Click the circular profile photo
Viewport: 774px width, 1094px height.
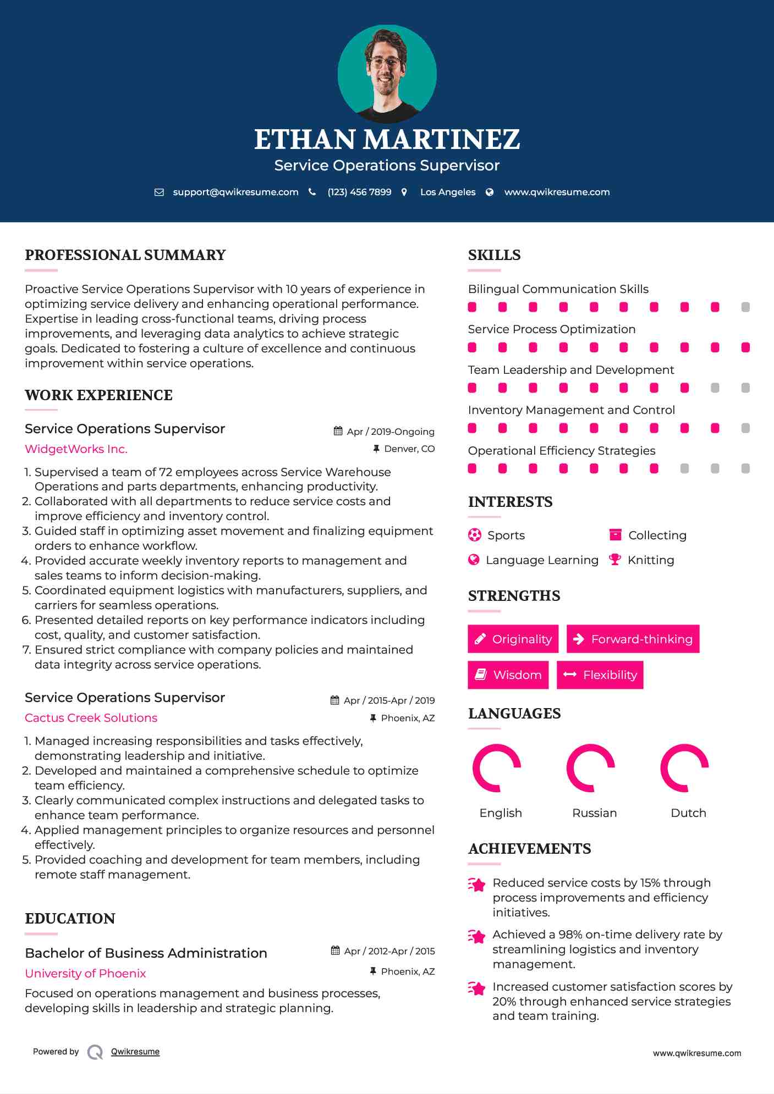click(x=387, y=74)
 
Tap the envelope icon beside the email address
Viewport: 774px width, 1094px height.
click(x=159, y=192)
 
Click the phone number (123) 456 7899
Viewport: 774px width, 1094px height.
click(x=359, y=192)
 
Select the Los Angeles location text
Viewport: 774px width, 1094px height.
click(x=447, y=192)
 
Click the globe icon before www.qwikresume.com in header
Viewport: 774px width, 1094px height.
click(x=490, y=192)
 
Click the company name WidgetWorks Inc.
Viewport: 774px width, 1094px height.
click(x=76, y=449)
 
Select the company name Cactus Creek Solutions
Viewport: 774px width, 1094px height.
click(x=91, y=717)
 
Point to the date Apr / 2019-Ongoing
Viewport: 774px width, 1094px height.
click(x=390, y=432)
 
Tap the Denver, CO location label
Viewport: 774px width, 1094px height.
click(x=409, y=449)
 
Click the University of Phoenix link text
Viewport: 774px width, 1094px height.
click(x=85, y=973)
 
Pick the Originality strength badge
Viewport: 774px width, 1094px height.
click(x=513, y=639)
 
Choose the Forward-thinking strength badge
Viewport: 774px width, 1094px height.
click(x=633, y=639)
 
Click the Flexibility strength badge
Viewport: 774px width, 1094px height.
click(x=600, y=675)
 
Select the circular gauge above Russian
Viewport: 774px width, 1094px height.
click(x=591, y=768)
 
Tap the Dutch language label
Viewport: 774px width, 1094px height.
click(x=688, y=813)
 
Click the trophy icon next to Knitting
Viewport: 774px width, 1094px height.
click(x=614, y=560)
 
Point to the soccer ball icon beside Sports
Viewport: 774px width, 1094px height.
click(x=474, y=535)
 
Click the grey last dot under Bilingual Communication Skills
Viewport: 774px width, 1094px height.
click(x=745, y=307)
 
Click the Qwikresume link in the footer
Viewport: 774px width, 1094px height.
click(x=135, y=1051)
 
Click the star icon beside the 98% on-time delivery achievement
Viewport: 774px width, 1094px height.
click(x=476, y=936)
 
